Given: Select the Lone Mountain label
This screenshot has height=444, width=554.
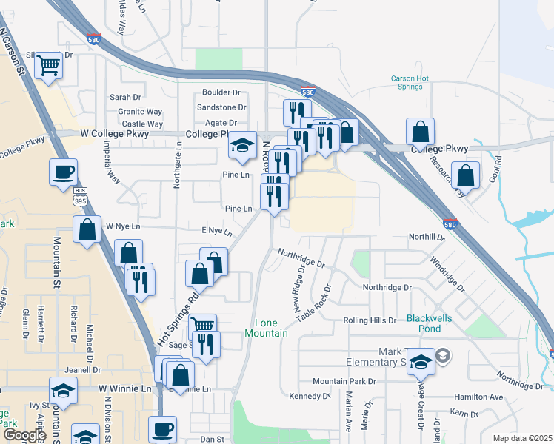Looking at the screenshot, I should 271,328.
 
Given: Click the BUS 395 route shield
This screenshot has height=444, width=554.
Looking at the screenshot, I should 81,198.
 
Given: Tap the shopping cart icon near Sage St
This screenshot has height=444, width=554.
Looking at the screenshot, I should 202,326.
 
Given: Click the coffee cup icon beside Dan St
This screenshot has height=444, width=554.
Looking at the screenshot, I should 163,428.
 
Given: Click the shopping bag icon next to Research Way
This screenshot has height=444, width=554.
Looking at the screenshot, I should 467,176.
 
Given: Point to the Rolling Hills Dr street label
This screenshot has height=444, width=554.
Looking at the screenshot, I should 370,320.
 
